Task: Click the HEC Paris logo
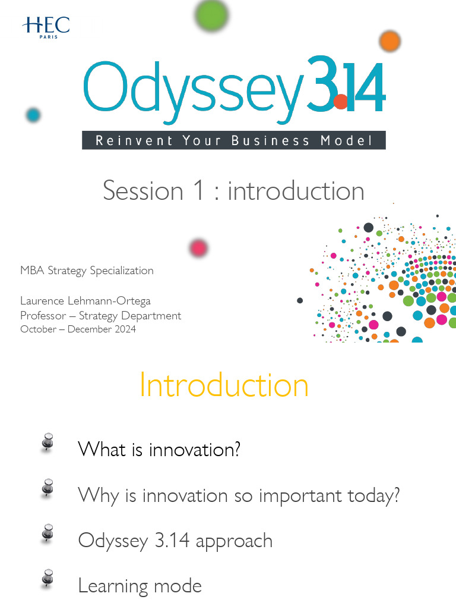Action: point(46,26)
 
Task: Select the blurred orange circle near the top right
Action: point(389,41)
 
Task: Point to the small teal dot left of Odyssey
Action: point(33,115)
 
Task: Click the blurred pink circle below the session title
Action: point(198,247)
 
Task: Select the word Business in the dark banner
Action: point(270,141)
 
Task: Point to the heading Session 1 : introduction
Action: point(233,191)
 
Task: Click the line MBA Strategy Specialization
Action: point(87,271)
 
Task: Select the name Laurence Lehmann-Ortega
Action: point(85,301)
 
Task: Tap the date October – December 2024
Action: point(78,329)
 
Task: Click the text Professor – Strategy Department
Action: point(101,315)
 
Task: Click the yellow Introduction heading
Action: point(224,385)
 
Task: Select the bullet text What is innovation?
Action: point(159,449)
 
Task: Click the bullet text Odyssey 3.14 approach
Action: point(175,541)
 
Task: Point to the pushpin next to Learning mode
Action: point(48,578)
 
